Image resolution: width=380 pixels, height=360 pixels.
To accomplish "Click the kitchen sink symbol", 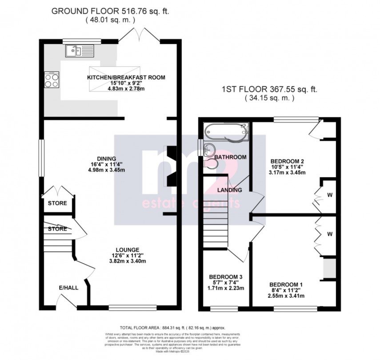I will click(x=80, y=51).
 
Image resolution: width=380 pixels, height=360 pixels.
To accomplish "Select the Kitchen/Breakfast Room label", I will click(x=126, y=77).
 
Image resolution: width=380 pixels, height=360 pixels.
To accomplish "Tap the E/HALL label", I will click(x=68, y=288).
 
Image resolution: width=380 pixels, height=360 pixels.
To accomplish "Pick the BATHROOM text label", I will click(x=230, y=157).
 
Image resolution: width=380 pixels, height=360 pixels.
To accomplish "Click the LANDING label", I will click(x=229, y=190).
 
